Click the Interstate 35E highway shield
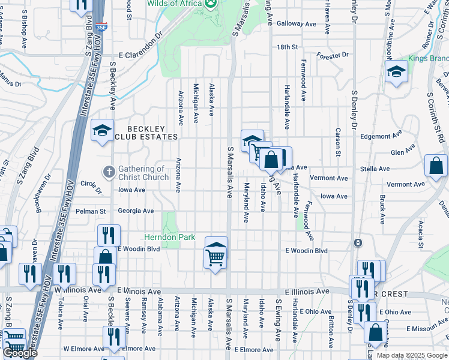pyautogui.click(x=101, y=27)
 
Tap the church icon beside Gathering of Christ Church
pyautogui.click(x=109, y=173)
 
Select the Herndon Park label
pyautogui.click(x=170, y=237)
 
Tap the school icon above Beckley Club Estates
pyautogui.click(x=103, y=130)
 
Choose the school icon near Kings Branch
pyautogui.click(x=396, y=73)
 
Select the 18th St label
pyautogui.click(x=287, y=47)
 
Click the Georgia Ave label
pyautogui.click(x=136, y=211)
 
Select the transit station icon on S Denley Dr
pyautogui.click(x=358, y=243)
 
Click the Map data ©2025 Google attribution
pyautogui.click(x=412, y=355)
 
